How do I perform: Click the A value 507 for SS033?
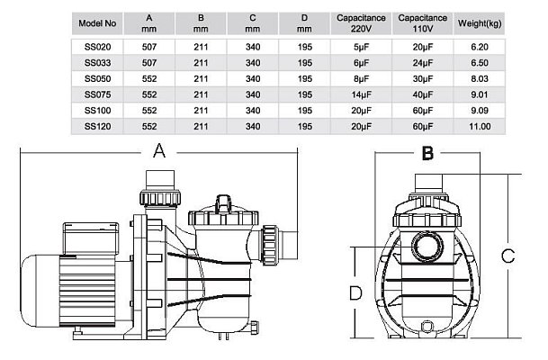pos(151,60)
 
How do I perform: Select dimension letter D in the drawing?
pos(355,292)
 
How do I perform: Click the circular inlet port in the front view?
pos(427,244)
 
